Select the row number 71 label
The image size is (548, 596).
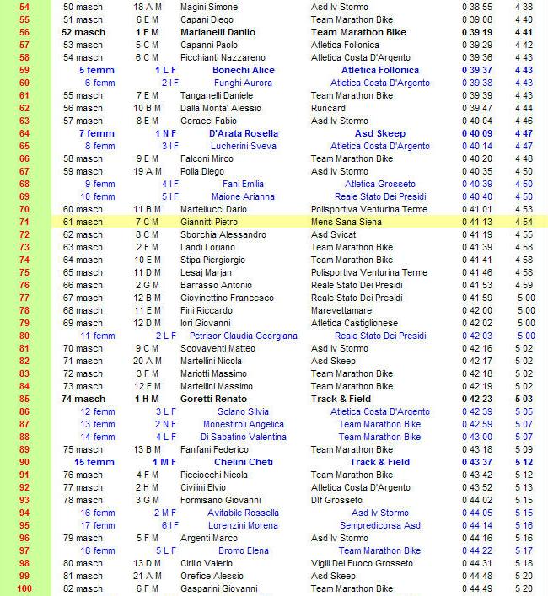coord(24,222)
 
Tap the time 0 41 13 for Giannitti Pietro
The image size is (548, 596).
coord(477,222)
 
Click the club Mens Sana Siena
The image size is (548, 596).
coord(347,222)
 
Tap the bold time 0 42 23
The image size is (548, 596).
coord(477,399)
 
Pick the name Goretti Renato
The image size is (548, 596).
coord(214,399)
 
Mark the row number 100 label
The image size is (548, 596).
coord(24,588)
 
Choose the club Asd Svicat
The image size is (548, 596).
coord(332,234)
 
